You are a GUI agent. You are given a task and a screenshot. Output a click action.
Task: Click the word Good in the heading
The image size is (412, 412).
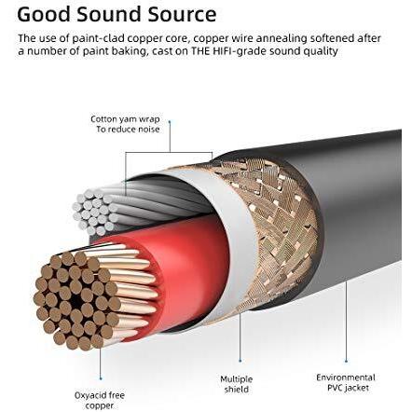[x=44, y=14]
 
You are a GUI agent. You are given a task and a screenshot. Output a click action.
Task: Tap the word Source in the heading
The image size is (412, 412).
[x=182, y=14]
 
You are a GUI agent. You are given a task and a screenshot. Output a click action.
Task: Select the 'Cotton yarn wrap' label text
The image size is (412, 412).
[x=125, y=119]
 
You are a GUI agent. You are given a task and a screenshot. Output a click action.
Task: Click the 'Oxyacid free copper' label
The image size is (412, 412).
[x=100, y=401]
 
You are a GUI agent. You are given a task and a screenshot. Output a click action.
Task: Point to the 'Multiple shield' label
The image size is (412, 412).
[x=237, y=384]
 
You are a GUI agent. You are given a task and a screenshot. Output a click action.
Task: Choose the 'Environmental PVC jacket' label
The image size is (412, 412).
[x=346, y=382]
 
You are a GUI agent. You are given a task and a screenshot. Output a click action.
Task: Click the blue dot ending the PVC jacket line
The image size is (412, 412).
[x=346, y=361]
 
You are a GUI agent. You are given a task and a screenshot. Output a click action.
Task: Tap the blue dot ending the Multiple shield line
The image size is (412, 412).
[x=240, y=361]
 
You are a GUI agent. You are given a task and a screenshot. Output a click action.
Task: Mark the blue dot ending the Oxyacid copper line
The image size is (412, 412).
[x=101, y=378]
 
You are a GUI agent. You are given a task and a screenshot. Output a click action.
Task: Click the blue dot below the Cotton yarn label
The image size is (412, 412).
[x=170, y=122]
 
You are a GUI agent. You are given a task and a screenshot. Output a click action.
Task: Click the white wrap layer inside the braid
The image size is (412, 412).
[x=236, y=236]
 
